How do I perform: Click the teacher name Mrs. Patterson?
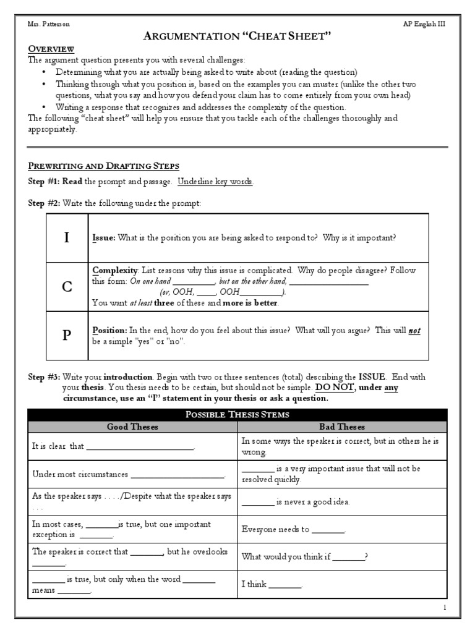click(x=48, y=24)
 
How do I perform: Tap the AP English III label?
click(x=423, y=24)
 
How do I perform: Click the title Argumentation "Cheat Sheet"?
click(x=237, y=37)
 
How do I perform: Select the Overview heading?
click(x=51, y=49)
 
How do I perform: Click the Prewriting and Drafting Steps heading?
click(x=103, y=166)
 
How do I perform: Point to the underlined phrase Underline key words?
click(x=215, y=182)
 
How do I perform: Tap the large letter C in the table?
click(x=67, y=287)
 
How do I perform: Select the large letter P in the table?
click(x=67, y=335)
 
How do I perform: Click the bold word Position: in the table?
click(x=109, y=330)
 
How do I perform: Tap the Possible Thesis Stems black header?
click(x=237, y=415)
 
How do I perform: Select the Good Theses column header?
click(x=132, y=427)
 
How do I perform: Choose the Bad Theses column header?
click(x=341, y=427)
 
